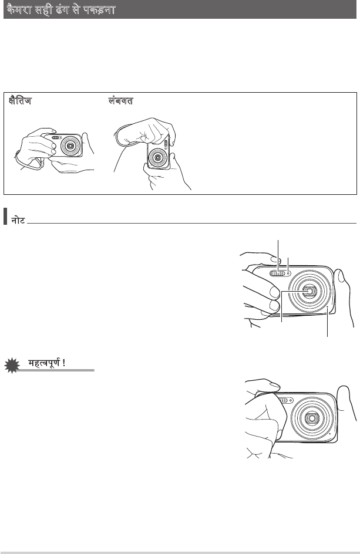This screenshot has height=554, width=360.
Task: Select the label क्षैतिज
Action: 20,101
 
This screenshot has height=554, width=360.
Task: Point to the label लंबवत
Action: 120,101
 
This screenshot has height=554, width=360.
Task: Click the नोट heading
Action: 18,221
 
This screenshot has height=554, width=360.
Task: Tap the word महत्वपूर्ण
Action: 44,363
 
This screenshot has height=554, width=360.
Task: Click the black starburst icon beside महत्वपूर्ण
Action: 12,366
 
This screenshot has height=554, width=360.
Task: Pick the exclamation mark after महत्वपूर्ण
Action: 63,363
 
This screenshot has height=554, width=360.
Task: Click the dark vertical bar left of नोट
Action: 5,216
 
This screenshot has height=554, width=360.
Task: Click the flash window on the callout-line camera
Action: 278,273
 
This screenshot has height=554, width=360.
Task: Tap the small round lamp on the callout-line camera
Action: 289,273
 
